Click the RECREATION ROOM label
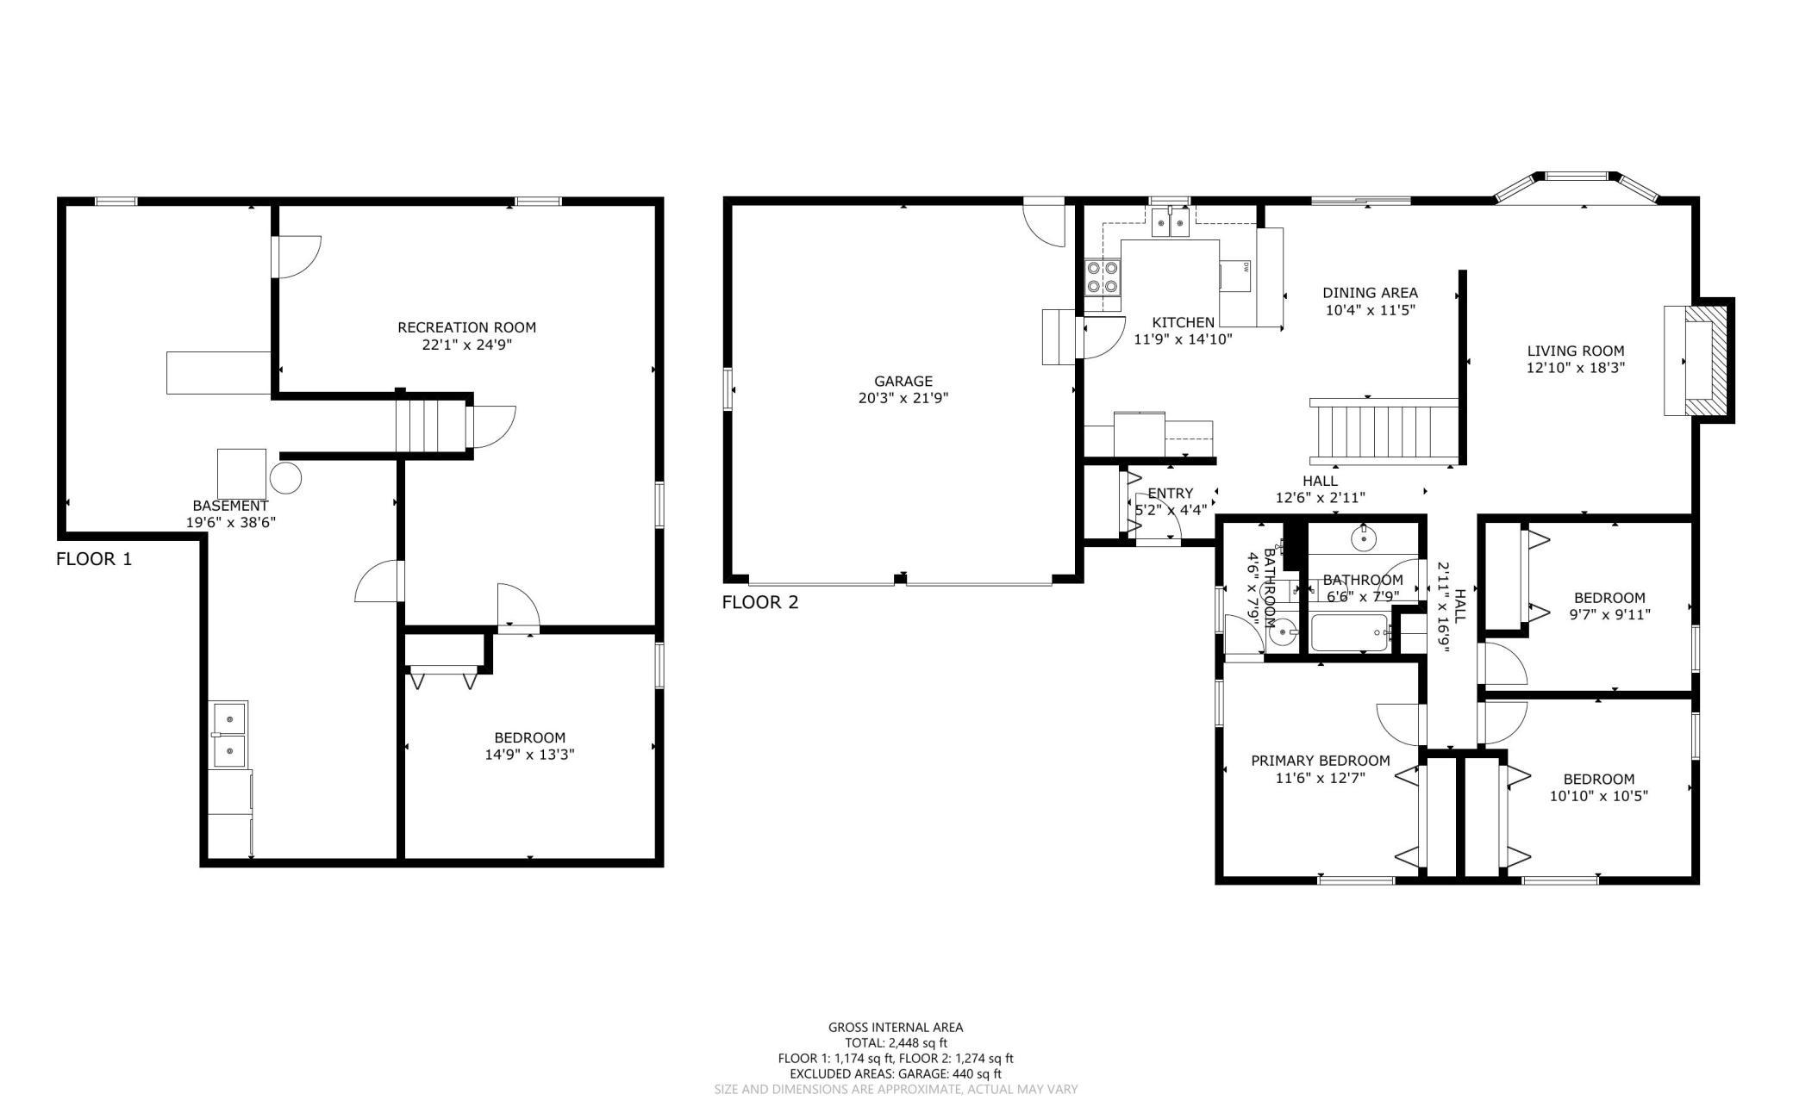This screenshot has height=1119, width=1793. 466,327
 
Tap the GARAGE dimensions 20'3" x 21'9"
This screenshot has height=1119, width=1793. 903,398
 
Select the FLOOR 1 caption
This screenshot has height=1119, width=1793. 94,559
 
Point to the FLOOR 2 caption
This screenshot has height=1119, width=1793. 760,602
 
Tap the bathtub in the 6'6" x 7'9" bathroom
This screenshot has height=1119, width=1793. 1349,634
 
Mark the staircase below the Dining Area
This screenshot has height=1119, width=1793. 1384,432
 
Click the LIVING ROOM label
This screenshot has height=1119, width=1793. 1576,351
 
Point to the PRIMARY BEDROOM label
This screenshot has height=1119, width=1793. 1321,761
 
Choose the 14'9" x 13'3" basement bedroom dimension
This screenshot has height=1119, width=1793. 530,755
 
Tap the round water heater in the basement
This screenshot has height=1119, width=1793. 286,476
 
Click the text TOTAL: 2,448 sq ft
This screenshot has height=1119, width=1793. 896,1042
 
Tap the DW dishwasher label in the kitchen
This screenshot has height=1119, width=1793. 1246,267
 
